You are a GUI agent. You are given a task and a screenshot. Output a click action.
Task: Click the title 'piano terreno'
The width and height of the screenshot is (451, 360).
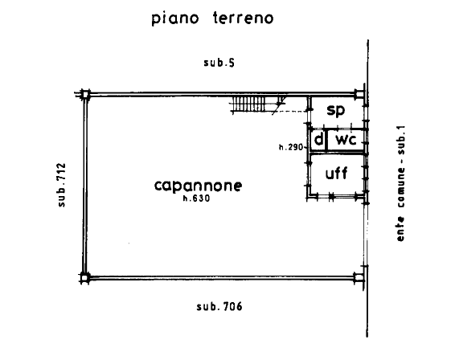(212, 18)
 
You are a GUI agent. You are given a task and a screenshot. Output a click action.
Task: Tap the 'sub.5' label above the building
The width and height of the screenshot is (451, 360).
(219, 63)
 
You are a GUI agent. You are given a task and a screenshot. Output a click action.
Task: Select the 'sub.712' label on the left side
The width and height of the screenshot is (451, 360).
(62, 185)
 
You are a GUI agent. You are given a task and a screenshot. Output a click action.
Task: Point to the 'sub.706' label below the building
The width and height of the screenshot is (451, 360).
(219, 306)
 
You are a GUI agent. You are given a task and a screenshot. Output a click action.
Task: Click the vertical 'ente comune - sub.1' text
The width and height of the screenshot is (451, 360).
(400, 183)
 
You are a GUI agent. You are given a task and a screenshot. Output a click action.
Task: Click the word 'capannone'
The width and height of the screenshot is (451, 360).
(199, 186)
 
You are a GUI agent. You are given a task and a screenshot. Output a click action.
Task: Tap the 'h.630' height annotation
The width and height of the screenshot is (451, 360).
(197, 198)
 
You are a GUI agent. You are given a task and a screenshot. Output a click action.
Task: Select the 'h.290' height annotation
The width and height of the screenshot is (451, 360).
(291, 148)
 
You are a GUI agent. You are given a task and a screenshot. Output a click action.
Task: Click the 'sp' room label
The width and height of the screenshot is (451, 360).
(336, 110)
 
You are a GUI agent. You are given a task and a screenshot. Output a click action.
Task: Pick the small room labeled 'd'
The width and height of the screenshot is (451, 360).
(319, 140)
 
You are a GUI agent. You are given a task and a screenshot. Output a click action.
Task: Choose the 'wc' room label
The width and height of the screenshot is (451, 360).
(346, 140)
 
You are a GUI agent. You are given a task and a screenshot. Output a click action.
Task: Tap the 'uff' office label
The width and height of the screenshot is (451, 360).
(336, 173)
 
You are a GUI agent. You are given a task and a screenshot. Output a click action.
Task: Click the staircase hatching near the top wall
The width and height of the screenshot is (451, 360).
(248, 104)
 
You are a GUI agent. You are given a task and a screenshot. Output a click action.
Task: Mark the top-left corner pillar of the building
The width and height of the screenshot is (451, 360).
(85, 94)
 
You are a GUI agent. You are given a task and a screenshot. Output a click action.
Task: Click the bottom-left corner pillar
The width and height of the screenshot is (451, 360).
(84, 278)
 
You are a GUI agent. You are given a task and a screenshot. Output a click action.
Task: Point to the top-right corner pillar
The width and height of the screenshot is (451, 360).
(359, 94)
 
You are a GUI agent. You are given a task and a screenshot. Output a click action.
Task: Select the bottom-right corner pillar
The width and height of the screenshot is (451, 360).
(359, 277)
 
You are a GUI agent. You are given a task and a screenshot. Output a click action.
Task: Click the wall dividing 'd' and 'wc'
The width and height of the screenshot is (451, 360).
(326, 140)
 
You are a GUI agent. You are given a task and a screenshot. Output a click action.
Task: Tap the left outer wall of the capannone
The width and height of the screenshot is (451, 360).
(85, 186)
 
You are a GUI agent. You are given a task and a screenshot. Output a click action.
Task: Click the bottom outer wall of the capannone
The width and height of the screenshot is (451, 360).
(222, 278)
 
